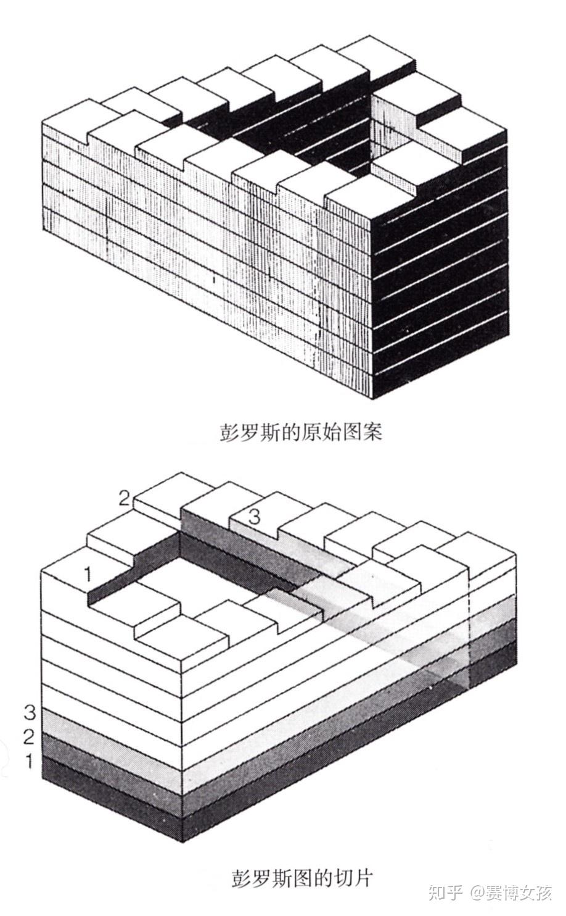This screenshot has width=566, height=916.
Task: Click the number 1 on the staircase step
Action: click(88, 574)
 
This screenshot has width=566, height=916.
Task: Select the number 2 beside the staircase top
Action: click(124, 499)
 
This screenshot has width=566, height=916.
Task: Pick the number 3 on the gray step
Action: click(253, 517)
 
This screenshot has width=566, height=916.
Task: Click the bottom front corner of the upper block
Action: click(372, 399)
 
